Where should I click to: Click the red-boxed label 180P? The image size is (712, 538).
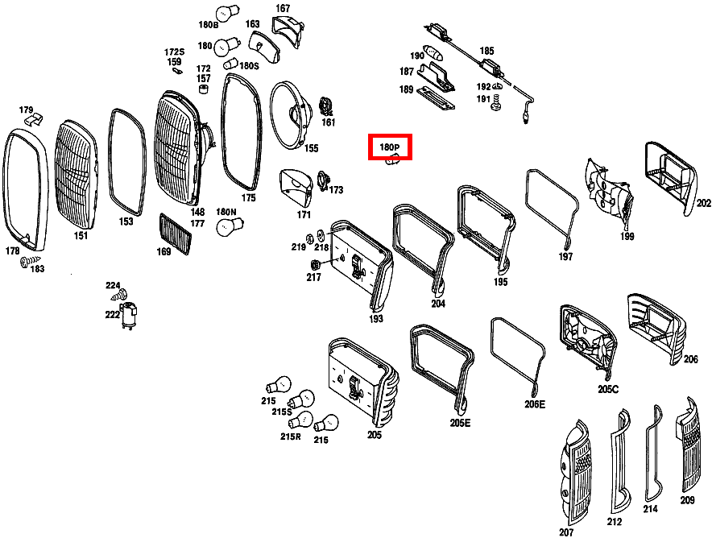tap(390, 147)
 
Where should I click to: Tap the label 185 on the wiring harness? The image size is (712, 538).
tap(486, 51)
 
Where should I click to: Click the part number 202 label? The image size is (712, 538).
tap(703, 203)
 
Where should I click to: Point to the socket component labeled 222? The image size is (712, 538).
tap(130, 313)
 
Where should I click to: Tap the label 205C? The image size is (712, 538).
tap(608, 390)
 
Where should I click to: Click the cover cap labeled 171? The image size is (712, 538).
tap(294, 188)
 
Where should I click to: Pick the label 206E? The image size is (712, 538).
tap(535, 404)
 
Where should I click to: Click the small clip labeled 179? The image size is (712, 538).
tap(34, 120)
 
